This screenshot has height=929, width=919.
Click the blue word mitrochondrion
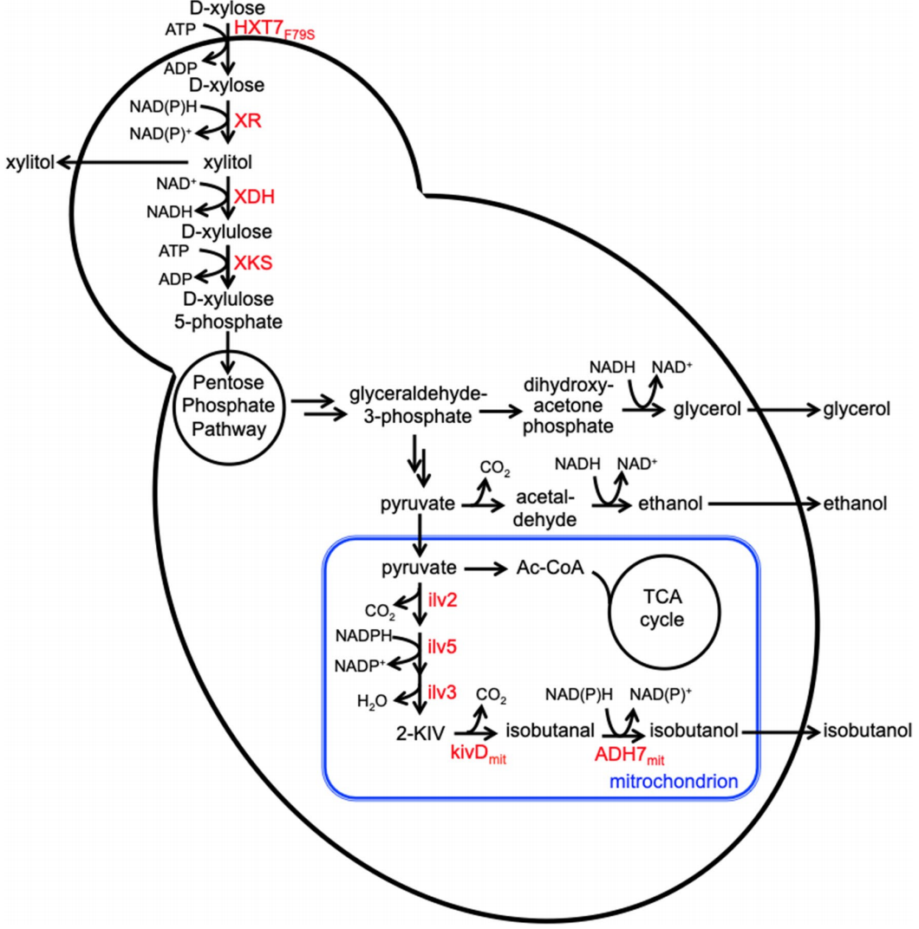(674, 781)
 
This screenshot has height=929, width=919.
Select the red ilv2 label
(441, 598)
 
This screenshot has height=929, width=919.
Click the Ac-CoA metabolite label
(551, 568)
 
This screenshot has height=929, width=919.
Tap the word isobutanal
(544, 731)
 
